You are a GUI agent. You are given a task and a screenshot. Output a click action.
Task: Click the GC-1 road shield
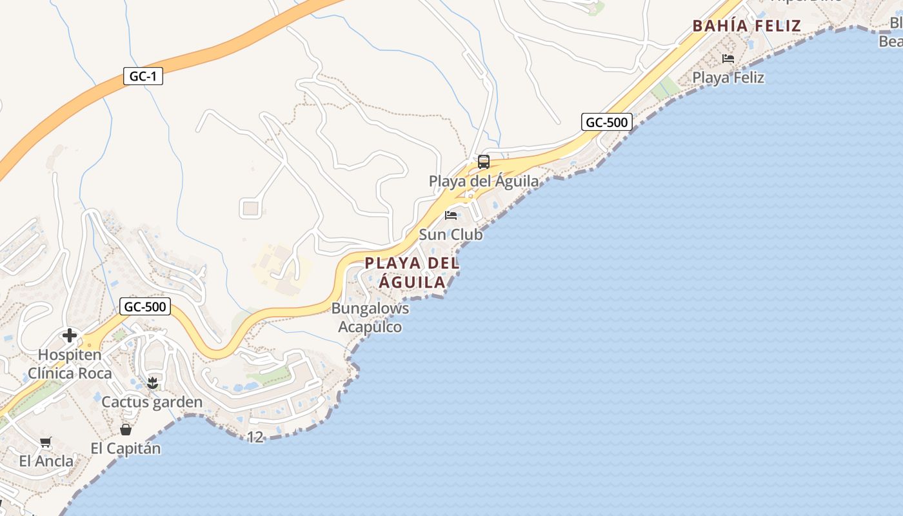click(x=143, y=77)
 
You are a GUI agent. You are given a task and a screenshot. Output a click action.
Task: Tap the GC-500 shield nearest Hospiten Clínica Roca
click(x=145, y=306)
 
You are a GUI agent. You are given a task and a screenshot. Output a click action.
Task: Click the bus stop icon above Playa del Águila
click(x=484, y=162)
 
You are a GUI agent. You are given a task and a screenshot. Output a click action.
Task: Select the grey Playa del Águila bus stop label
click(x=484, y=181)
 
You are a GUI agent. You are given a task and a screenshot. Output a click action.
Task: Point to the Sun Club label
click(x=451, y=235)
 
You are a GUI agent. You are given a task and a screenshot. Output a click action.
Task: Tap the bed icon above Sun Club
click(x=451, y=215)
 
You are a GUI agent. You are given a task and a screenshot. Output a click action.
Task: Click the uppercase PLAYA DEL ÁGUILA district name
click(x=412, y=272)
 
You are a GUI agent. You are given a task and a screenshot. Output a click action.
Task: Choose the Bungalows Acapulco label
click(x=370, y=317)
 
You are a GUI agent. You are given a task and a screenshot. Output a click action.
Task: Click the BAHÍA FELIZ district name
click(x=746, y=26)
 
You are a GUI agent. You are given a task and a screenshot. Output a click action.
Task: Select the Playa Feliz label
click(x=728, y=78)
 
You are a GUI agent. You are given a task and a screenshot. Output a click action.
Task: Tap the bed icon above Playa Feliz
click(x=728, y=59)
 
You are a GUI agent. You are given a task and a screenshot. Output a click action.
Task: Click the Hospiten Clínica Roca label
click(x=70, y=364)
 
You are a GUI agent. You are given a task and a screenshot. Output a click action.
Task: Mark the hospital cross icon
click(x=70, y=335)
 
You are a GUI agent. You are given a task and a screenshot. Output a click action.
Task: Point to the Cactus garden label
click(x=152, y=402)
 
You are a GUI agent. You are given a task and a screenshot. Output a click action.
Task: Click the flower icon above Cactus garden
click(x=152, y=383)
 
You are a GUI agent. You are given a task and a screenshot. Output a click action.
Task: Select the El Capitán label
click(x=126, y=448)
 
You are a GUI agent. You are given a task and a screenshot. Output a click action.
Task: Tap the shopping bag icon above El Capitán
click(x=126, y=429)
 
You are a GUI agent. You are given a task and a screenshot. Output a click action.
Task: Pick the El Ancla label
click(x=46, y=461)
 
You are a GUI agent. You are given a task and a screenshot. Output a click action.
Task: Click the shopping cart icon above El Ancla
click(x=46, y=442)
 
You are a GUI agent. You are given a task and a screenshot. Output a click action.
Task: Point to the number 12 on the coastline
click(x=255, y=437)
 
